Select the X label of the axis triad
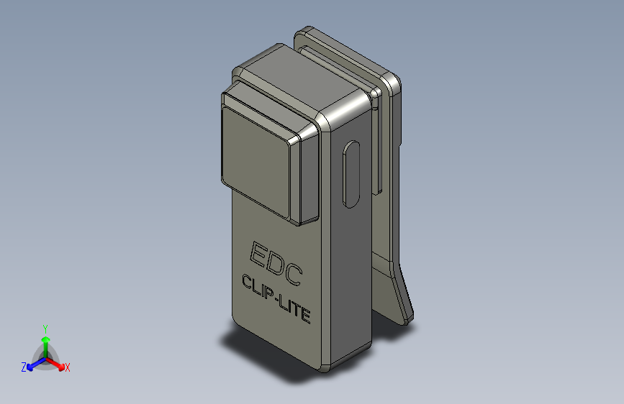point(68,368)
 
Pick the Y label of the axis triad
point(45,328)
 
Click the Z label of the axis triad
point(24,367)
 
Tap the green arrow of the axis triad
point(45,341)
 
